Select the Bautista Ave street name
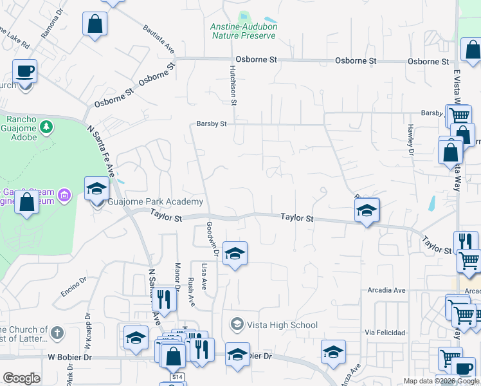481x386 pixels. click(x=159, y=39)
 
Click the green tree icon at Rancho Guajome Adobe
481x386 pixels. click(x=46, y=126)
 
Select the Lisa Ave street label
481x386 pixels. click(x=204, y=277)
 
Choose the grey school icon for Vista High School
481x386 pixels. click(x=237, y=322)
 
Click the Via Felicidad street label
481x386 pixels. click(x=385, y=333)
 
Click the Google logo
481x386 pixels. click(x=21, y=378)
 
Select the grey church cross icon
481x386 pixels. click(x=57, y=333)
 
